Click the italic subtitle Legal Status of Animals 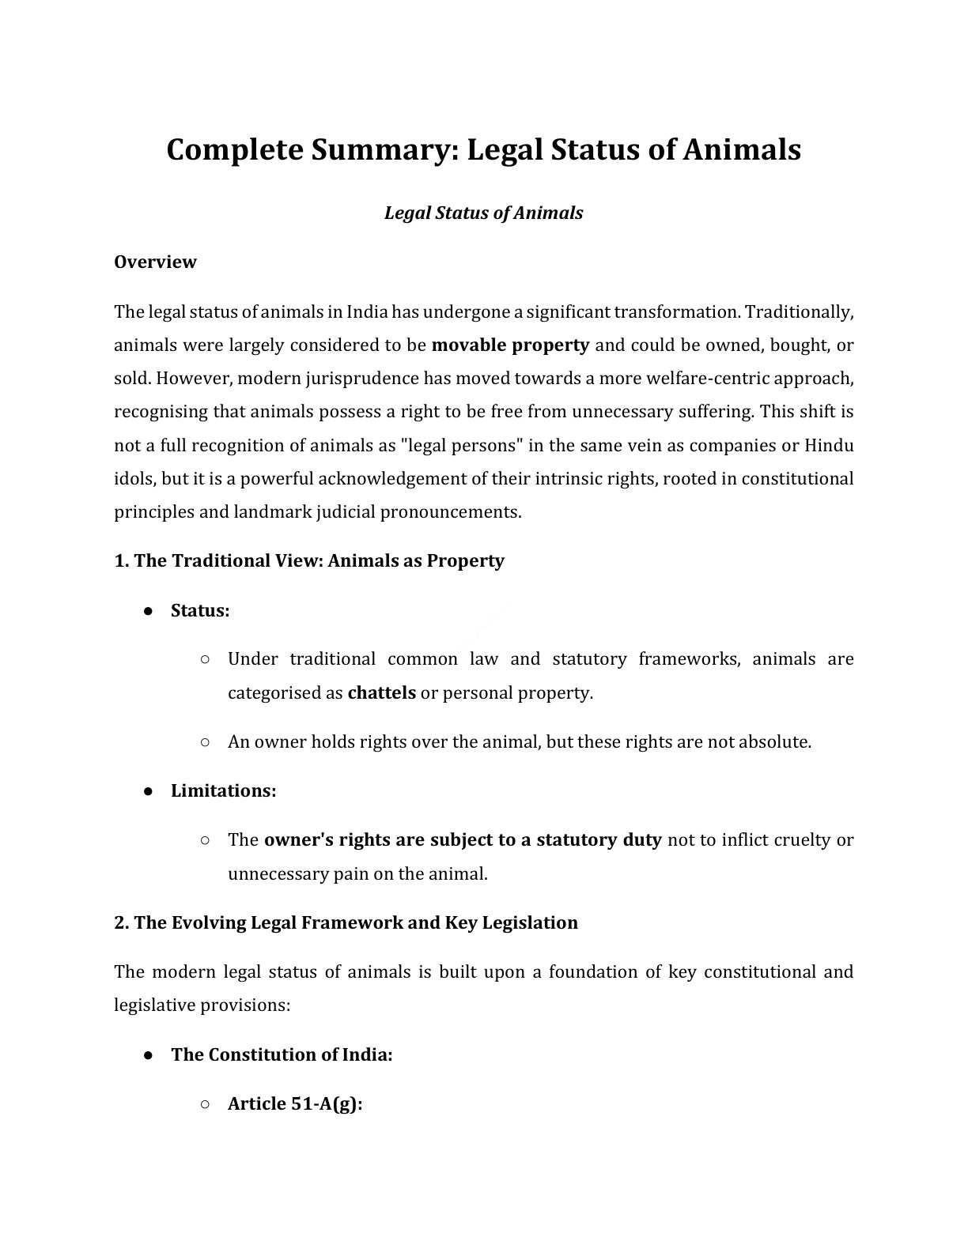click(483, 213)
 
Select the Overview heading click(155, 262)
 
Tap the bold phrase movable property click(510, 345)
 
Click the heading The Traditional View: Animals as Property click(308, 560)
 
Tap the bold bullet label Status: click(200, 610)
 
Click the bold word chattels click(381, 693)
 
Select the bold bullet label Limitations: click(223, 791)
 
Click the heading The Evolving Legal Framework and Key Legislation click(346, 922)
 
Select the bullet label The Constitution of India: click(282, 1054)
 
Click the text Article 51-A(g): click(294, 1103)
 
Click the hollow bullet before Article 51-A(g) click(205, 1104)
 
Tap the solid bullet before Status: click(148, 611)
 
